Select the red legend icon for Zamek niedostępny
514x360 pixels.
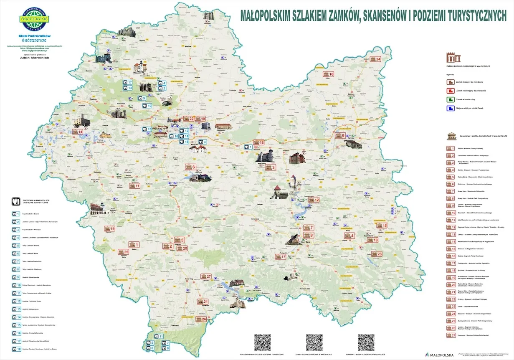click(x=450, y=91)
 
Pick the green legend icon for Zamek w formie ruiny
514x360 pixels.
click(x=450, y=99)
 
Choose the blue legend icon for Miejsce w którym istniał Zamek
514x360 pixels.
click(x=450, y=109)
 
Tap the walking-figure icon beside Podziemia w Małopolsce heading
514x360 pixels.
click(x=15, y=200)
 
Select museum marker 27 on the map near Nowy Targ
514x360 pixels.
click(x=206, y=276)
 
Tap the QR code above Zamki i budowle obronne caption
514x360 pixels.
click(x=314, y=342)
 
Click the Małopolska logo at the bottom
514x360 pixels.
click(x=439, y=355)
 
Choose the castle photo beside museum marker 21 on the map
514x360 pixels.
click(x=236, y=302)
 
